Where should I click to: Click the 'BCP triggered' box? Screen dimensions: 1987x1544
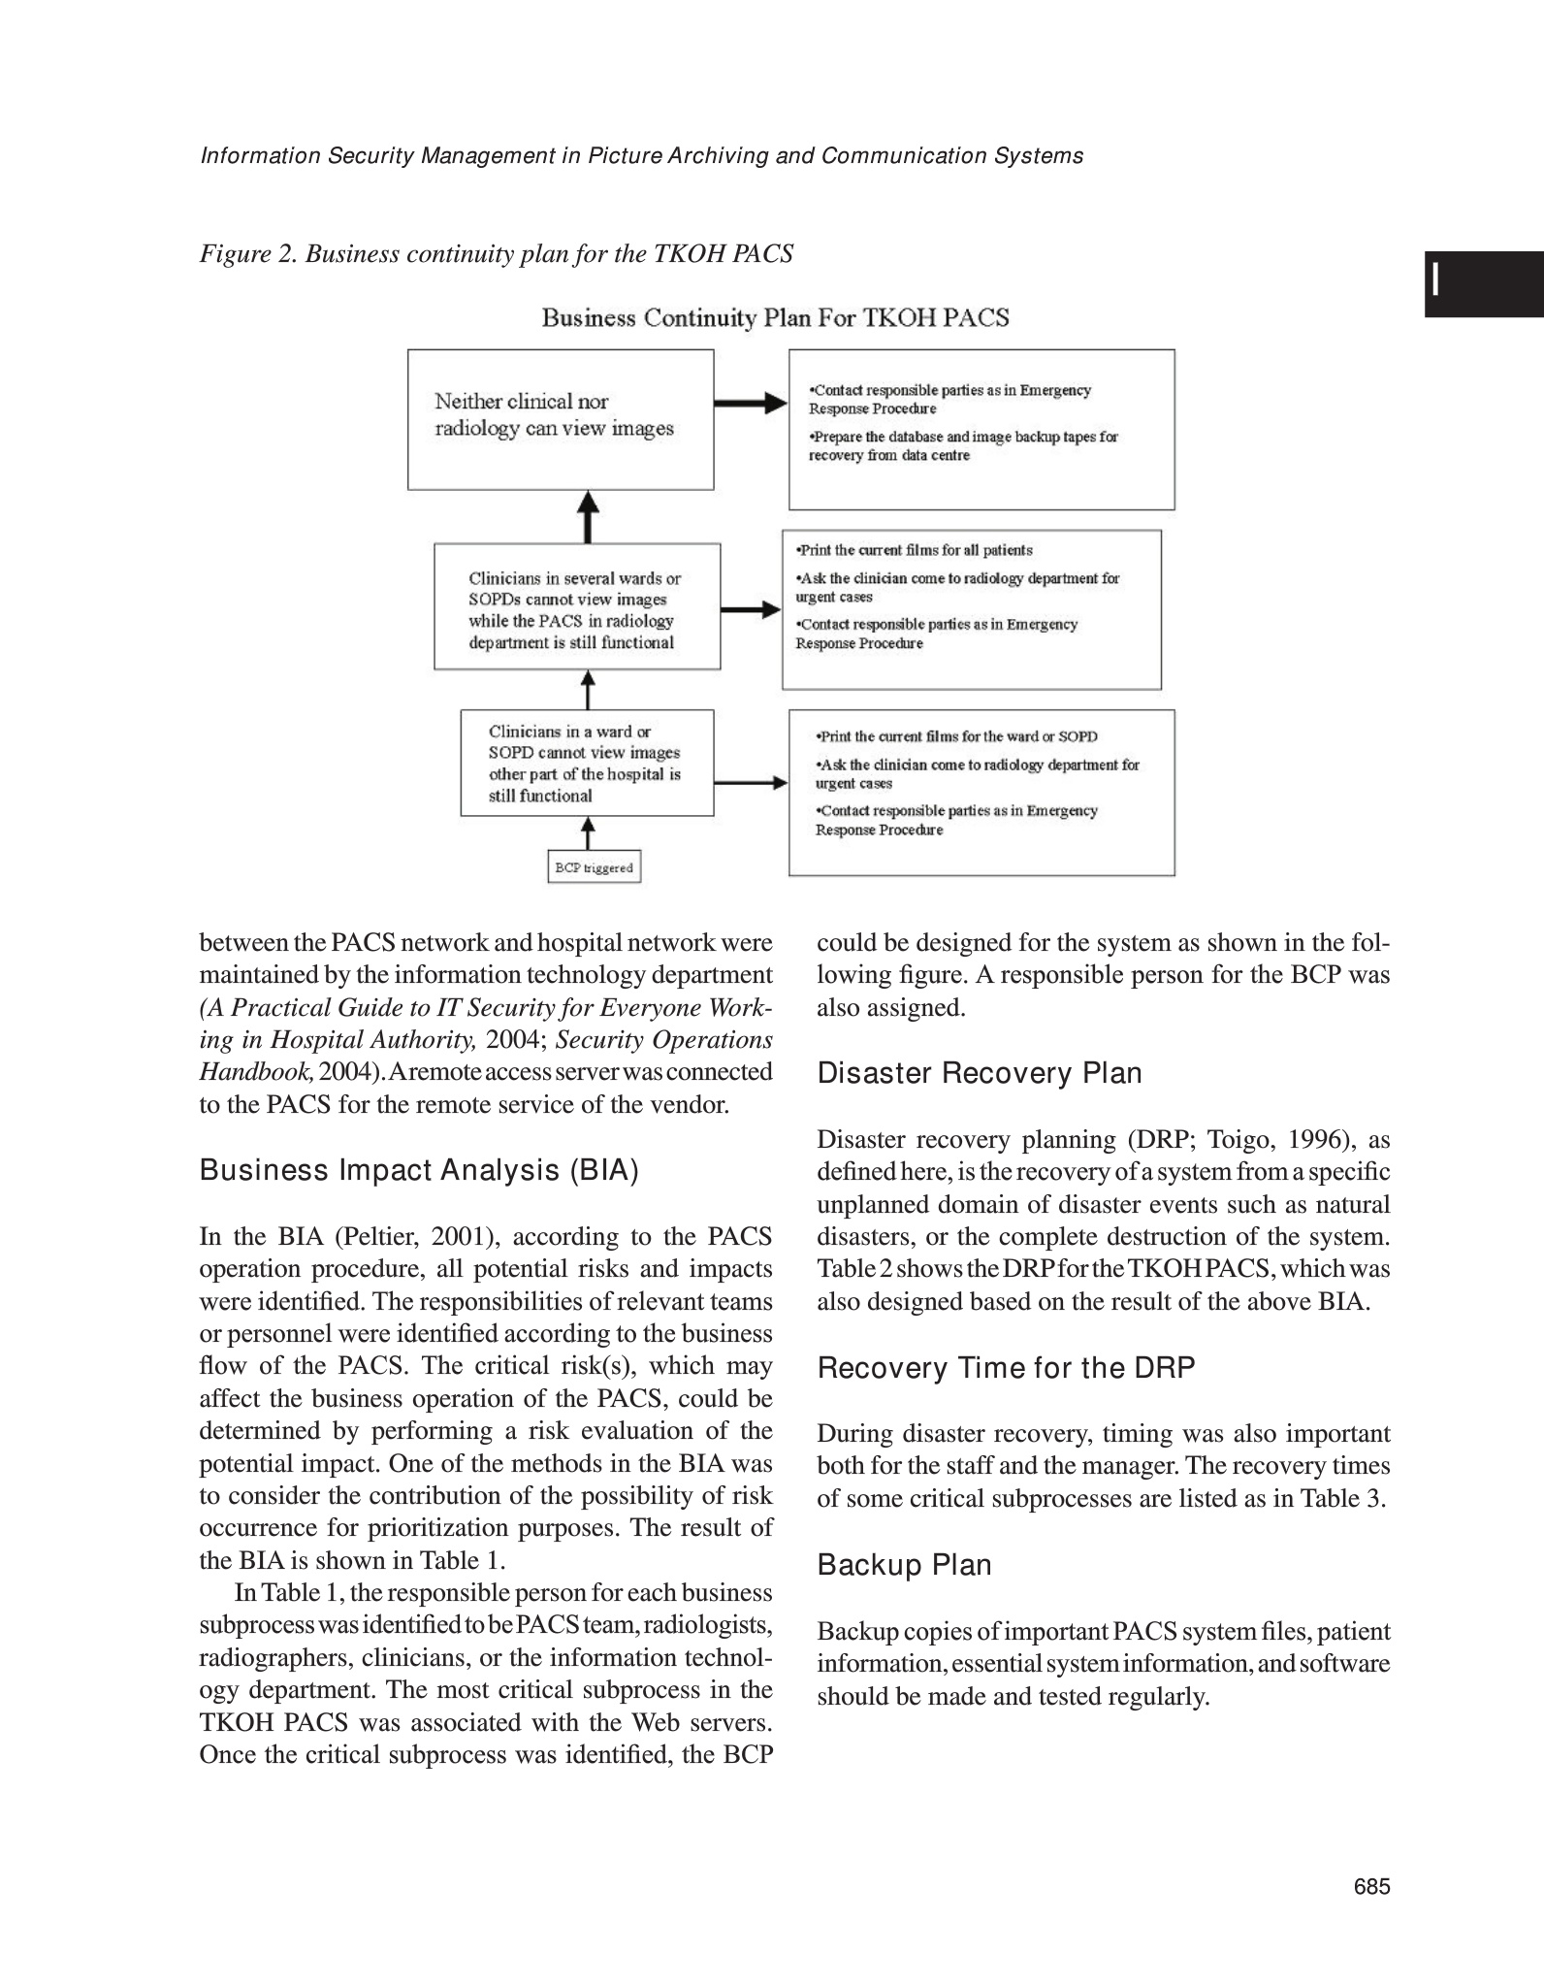click(594, 867)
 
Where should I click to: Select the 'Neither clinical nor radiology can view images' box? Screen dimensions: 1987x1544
click(560, 418)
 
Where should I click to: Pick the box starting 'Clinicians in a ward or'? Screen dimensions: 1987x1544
click(586, 763)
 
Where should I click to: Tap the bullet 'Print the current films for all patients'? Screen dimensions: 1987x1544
click(913, 550)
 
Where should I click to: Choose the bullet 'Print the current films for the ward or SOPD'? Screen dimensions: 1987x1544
click(956, 736)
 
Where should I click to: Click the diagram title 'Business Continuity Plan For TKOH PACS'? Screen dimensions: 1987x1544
click(775, 318)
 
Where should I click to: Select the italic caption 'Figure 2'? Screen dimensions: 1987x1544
click(496, 254)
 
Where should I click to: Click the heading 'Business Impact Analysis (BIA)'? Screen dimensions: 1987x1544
click(419, 1171)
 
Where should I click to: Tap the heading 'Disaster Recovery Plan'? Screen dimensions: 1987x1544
click(980, 1073)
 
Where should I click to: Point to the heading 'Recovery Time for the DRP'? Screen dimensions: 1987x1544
click(1006, 1368)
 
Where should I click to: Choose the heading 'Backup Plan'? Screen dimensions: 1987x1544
click(904, 1565)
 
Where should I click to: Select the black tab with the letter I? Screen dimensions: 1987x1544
click(1483, 284)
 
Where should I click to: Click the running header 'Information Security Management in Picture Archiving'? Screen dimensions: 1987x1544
click(641, 156)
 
